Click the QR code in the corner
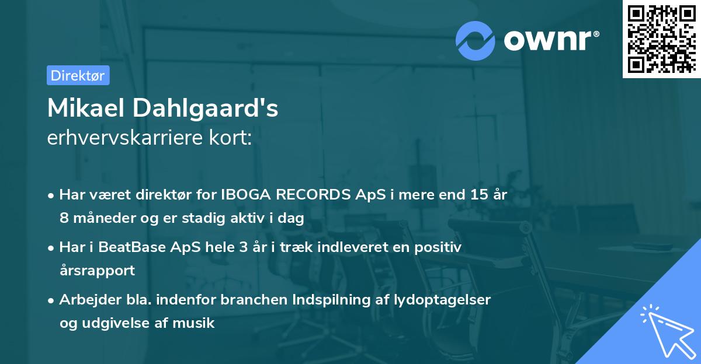(x=661, y=39)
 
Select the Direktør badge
(x=78, y=75)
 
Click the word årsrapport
(x=97, y=270)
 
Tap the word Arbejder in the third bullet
(x=85, y=299)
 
